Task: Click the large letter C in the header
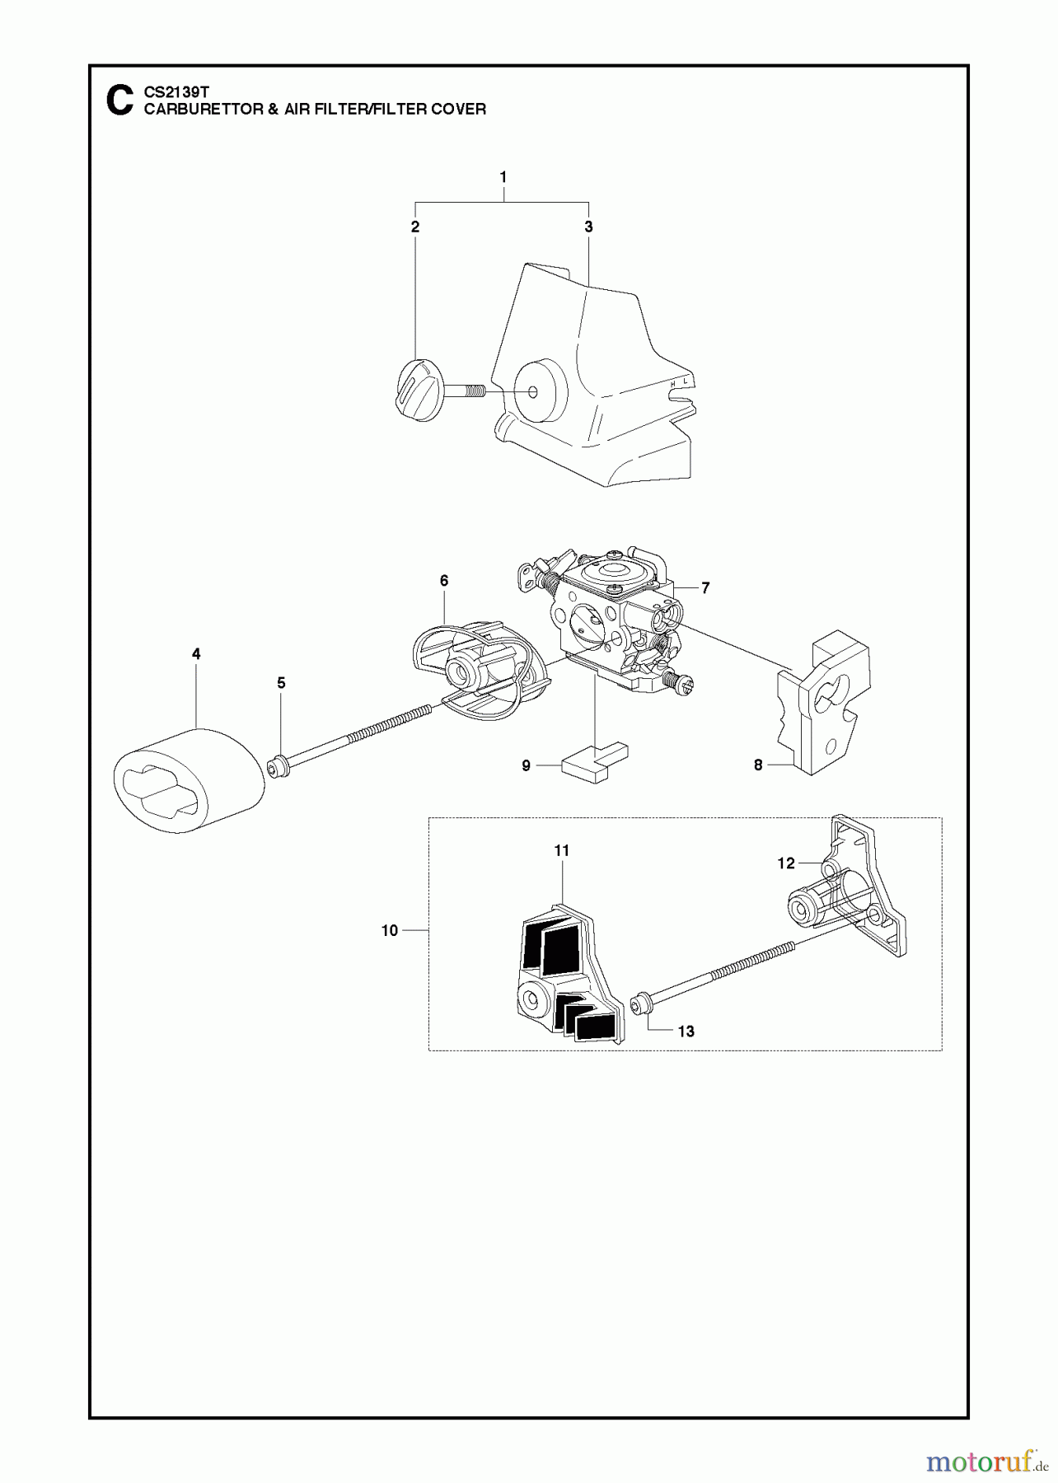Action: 119,100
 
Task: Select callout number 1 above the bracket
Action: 503,177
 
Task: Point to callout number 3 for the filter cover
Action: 588,227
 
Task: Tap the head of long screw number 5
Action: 279,768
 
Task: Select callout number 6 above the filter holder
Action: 444,581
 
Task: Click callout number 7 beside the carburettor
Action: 705,587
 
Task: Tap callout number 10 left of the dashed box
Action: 390,930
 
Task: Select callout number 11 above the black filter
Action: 562,850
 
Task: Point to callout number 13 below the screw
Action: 686,1032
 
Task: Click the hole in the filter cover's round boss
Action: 533,391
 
